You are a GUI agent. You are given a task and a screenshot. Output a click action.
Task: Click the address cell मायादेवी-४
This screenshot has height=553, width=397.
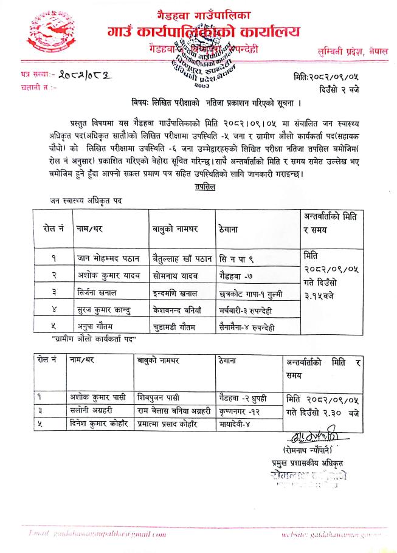(x=233, y=423)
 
